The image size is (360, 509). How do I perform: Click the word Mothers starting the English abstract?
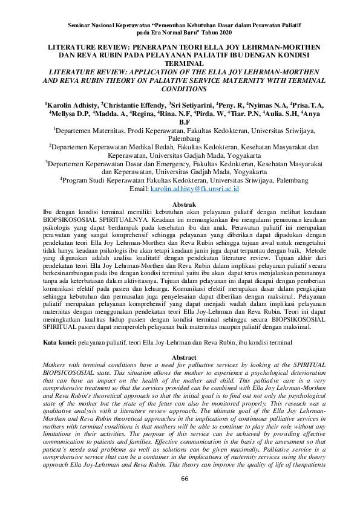pos(56,366)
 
